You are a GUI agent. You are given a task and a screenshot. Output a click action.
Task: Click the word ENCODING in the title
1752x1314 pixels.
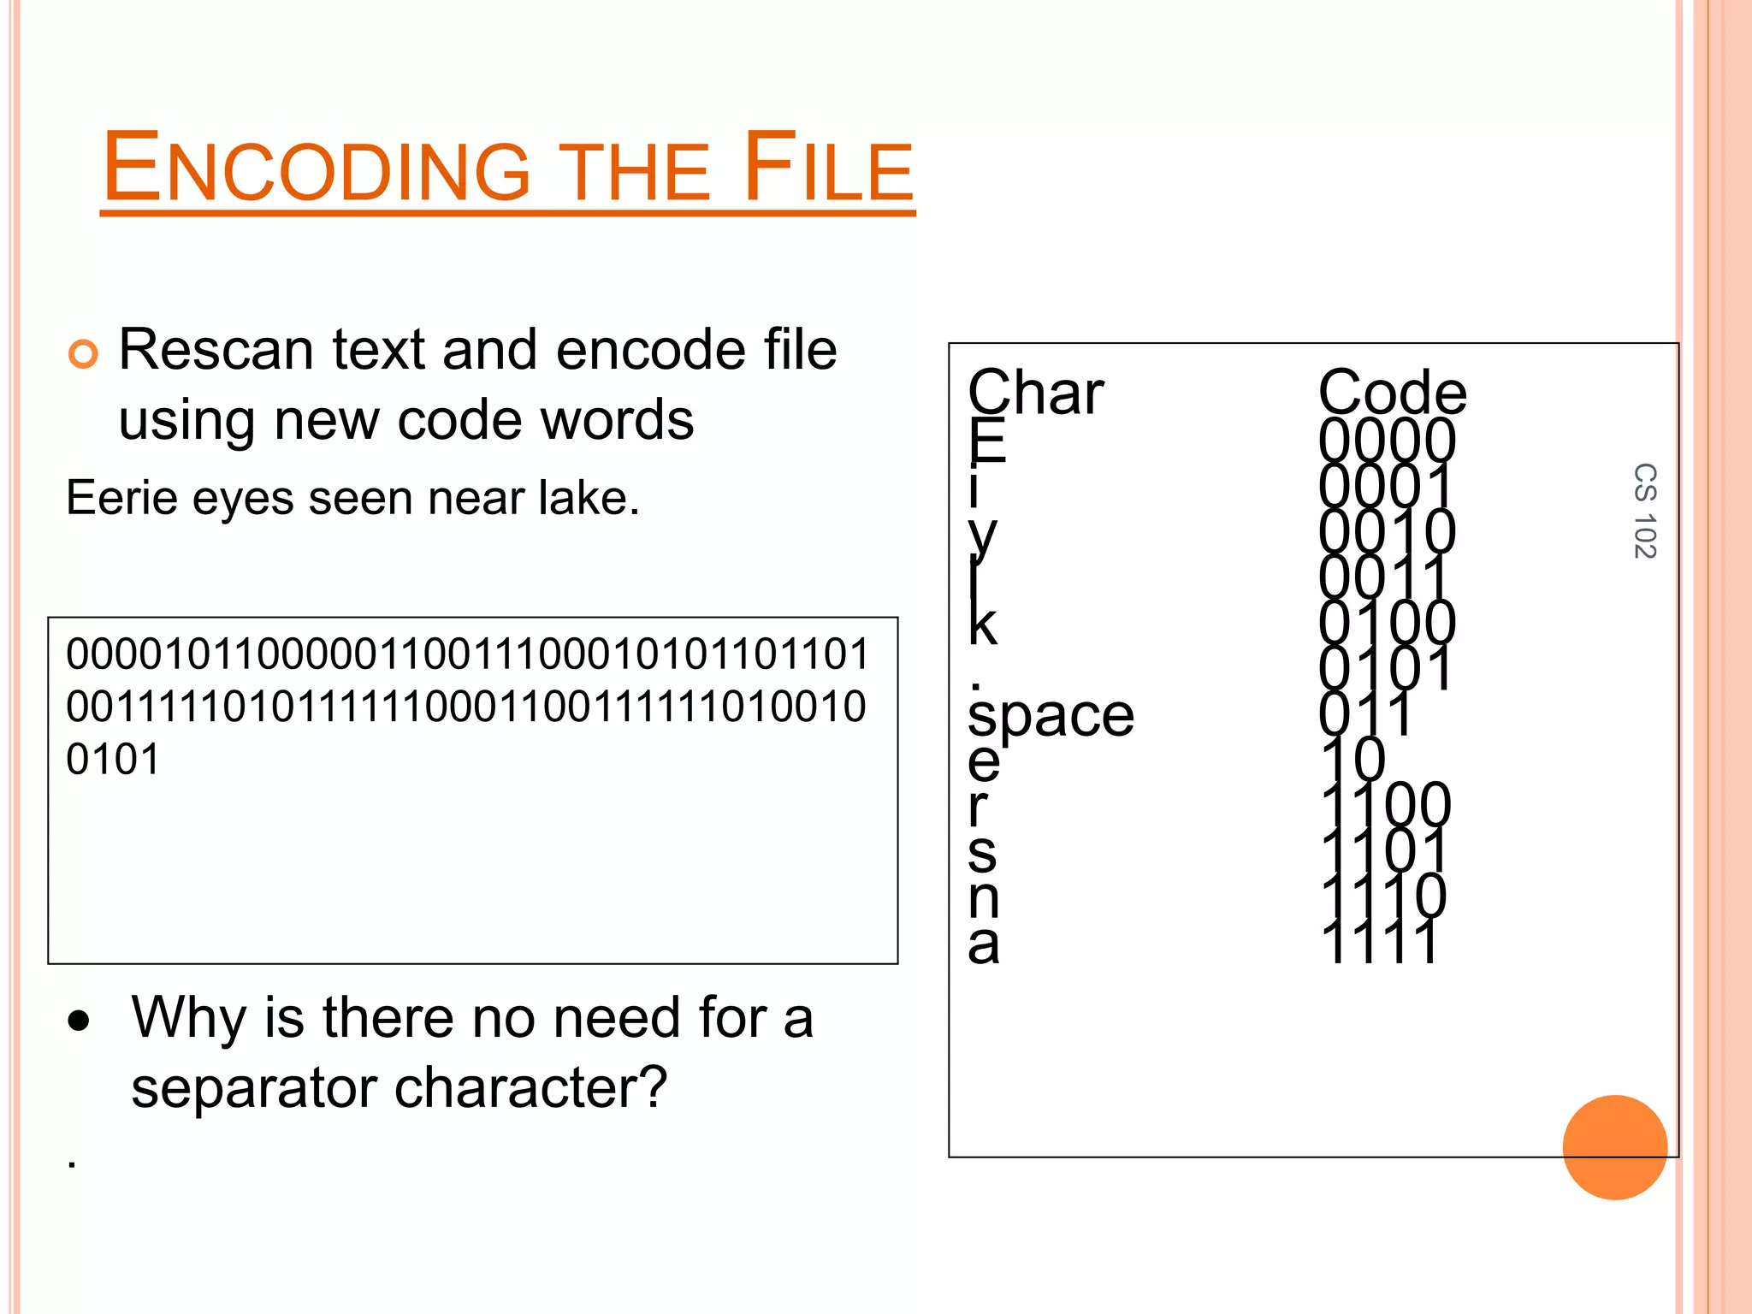click(x=317, y=169)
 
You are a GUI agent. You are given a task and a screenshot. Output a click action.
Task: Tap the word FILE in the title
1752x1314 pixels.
click(x=828, y=169)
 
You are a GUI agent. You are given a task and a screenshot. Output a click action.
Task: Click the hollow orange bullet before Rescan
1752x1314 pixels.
click(x=83, y=353)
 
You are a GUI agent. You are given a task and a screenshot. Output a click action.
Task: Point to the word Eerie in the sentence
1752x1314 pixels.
click(x=122, y=498)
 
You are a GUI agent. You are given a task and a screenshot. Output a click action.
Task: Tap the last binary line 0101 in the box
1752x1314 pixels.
click(x=114, y=760)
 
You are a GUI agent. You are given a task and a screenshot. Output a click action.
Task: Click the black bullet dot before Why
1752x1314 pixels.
click(x=80, y=1021)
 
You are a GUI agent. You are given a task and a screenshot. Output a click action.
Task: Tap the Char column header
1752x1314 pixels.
click(x=1035, y=394)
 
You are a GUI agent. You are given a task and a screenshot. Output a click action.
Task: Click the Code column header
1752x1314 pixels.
click(x=1392, y=394)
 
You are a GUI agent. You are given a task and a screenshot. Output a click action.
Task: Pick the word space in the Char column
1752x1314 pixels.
click(x=1051, y=716)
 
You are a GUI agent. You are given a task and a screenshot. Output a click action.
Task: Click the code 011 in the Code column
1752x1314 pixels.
click(x=1365, y=714)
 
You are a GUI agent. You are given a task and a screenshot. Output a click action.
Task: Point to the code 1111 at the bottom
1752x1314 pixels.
click(x=1379, y=943)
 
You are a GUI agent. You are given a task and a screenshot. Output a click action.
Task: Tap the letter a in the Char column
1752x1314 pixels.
click(x=984, y=944)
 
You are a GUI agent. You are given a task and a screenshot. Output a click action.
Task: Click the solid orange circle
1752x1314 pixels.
click(x=1614, y=1147)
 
